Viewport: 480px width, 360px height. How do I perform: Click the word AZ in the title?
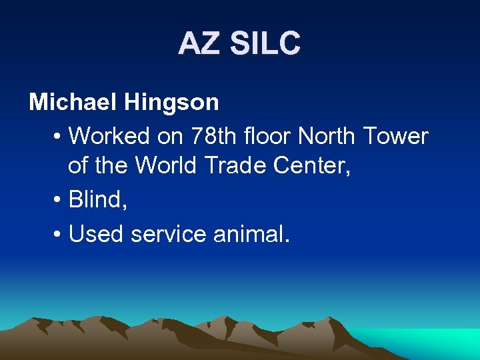pyautogui.click(x=200, y=44)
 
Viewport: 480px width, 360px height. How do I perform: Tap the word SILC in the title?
pyautogui.click(x=265, y=44)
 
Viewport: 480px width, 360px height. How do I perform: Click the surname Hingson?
pyautogui.click(x=171, y=102)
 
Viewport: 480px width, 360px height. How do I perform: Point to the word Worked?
pyautogui.click(x=109, y=136)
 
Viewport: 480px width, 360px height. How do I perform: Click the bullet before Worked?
pyautogui.click(x=57, y=137)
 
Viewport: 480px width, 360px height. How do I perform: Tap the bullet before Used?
pyautogui.click(x=57, y=234)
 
